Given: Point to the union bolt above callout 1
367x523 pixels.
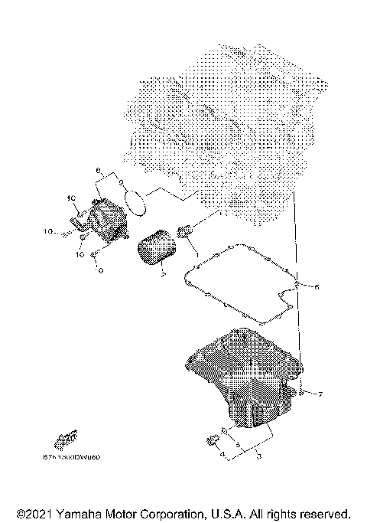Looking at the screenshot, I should pyautogui.click(x=184, y=231).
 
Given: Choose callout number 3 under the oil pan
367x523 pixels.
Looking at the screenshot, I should pyautogui.click(x=258, y=456).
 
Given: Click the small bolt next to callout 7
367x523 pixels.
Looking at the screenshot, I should pyautogui.click(x=303, y=393).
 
